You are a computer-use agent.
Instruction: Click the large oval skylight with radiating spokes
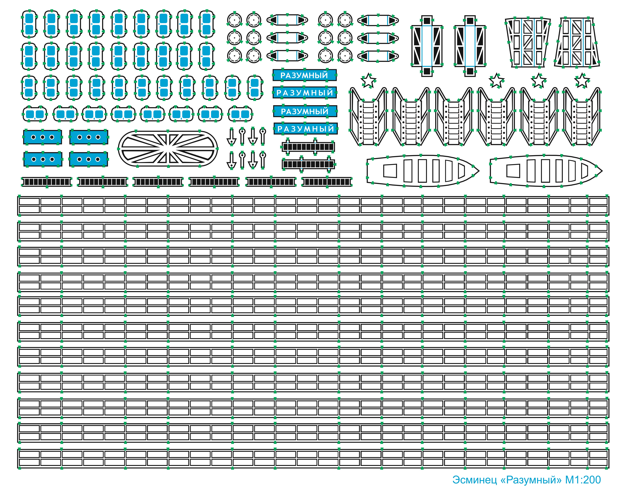(168, 149)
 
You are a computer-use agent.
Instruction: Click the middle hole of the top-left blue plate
(42, 137)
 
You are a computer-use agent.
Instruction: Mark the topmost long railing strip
(313, 206)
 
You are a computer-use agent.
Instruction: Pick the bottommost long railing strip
(313, 458)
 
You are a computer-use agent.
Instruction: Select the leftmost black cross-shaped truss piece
(427, 46)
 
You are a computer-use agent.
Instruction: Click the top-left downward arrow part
(231, 137)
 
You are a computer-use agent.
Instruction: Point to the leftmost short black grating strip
(47, 182)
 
